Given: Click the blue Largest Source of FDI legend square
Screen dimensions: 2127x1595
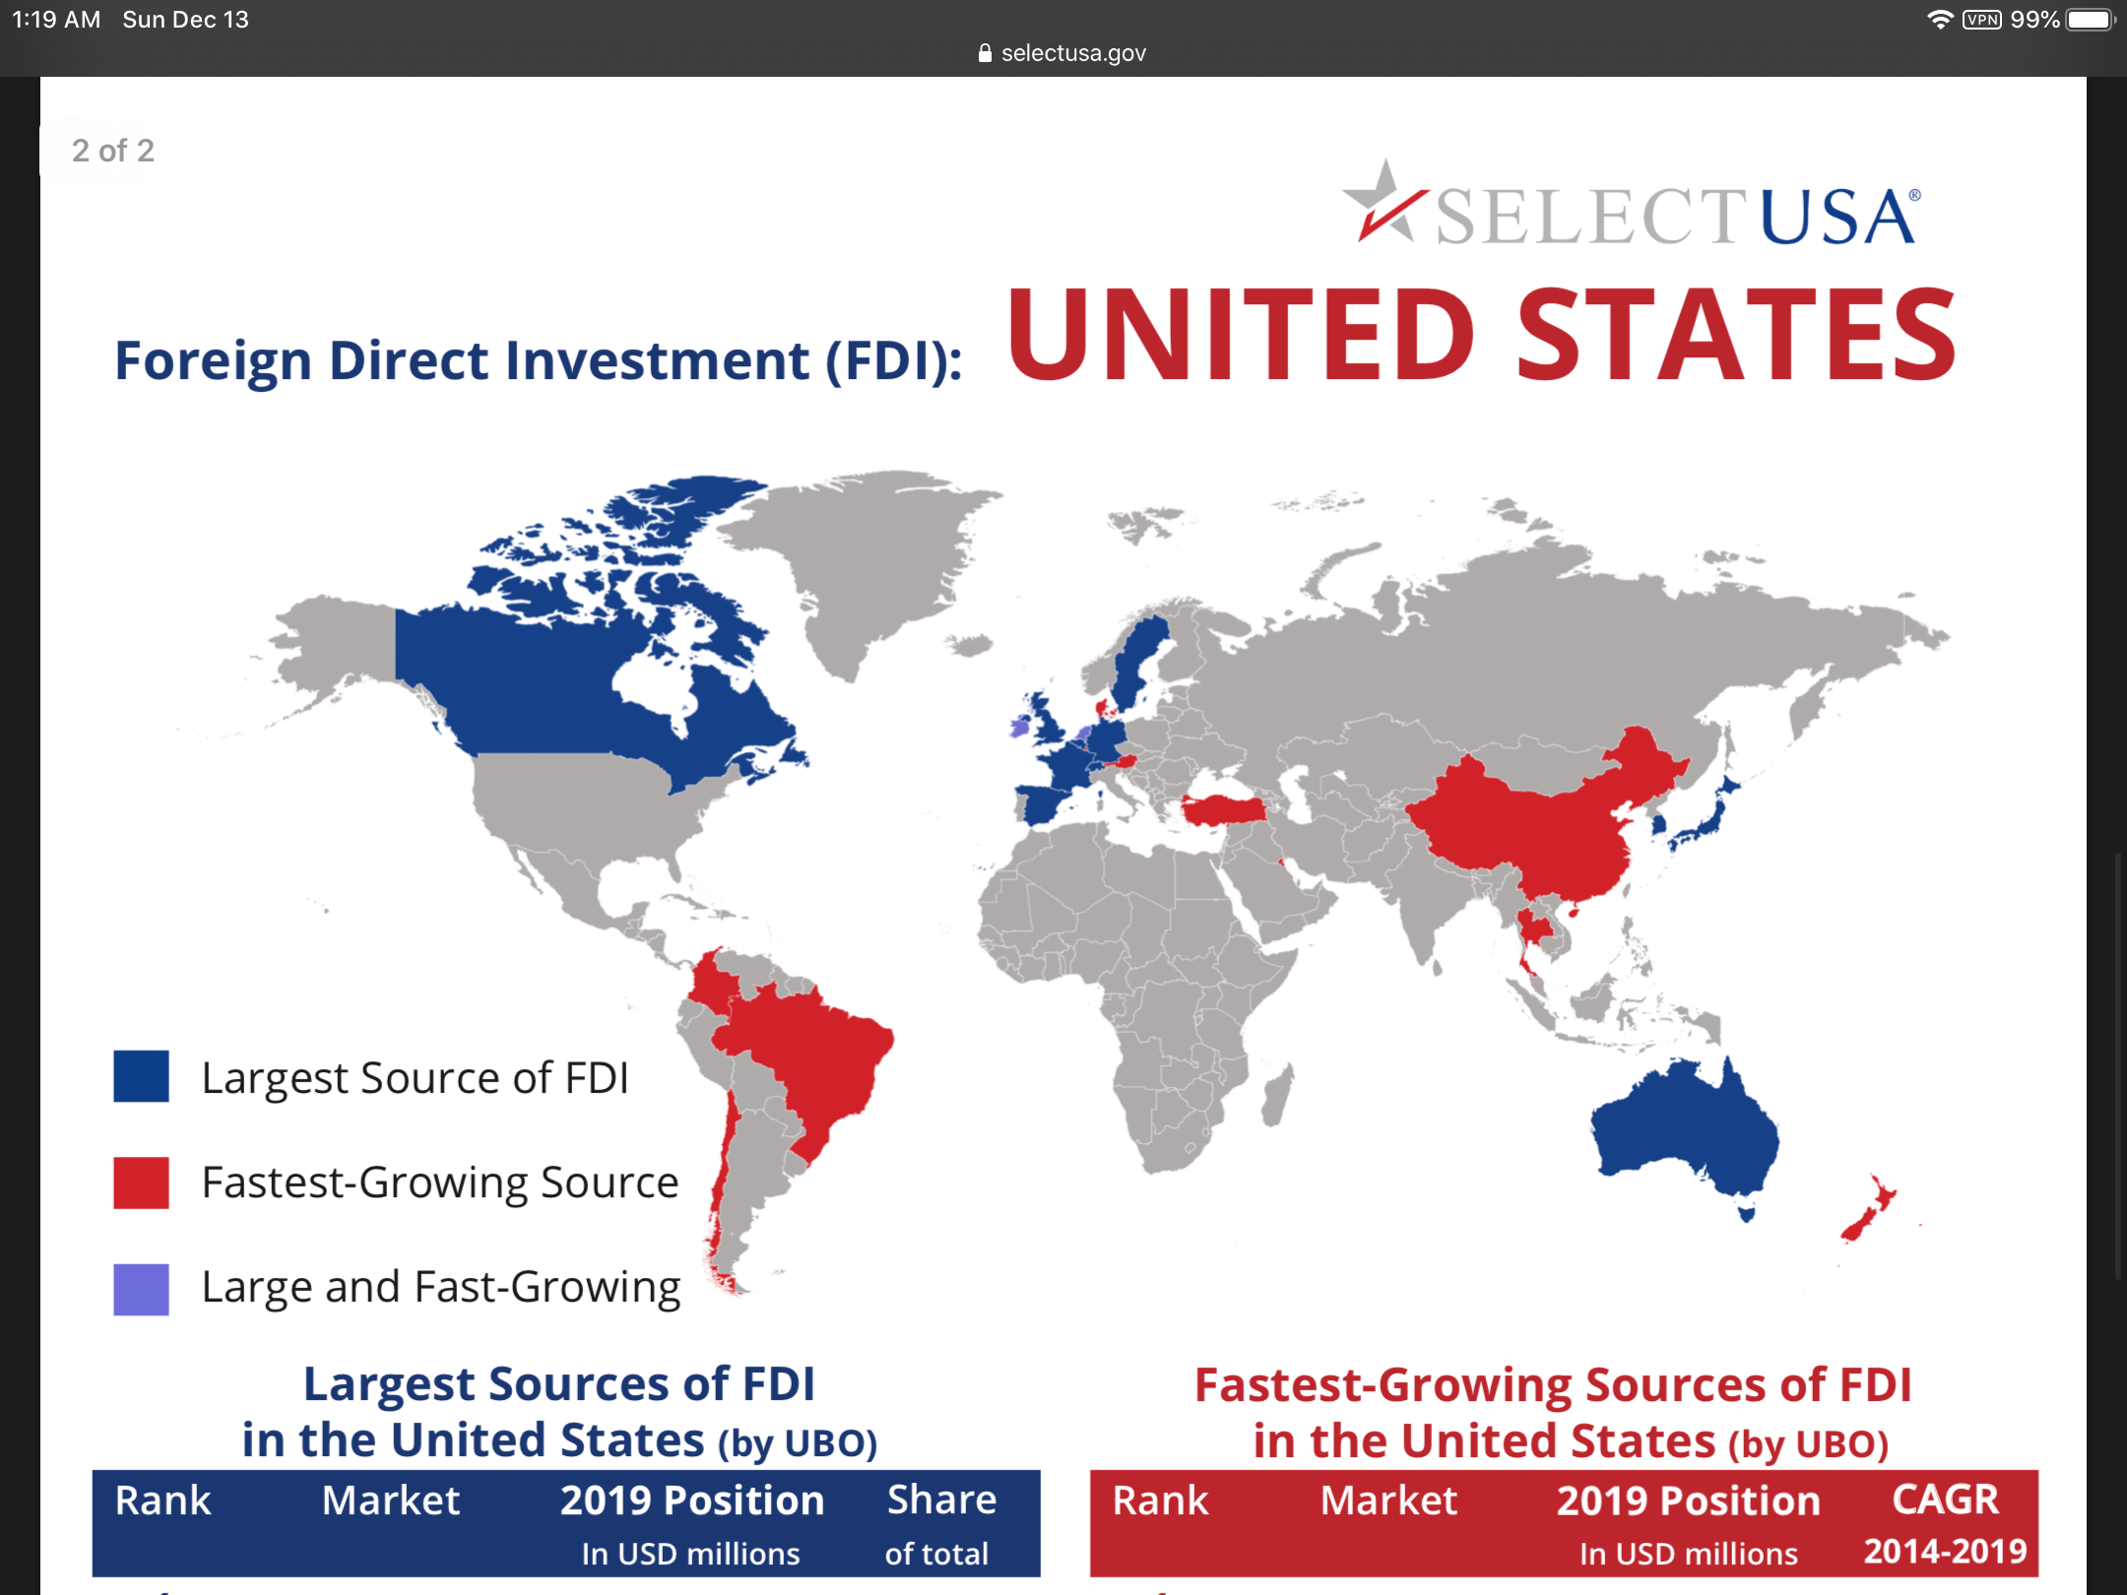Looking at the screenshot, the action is click(141, 1076).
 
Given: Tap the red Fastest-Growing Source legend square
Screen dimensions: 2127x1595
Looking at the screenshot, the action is click(141, 1181).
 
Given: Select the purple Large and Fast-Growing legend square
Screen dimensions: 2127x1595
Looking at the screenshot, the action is click(141, 1289).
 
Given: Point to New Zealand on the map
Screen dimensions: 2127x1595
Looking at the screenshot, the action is click(1868, 1209).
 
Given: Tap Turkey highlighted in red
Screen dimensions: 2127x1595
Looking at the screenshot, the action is click(1224, 809).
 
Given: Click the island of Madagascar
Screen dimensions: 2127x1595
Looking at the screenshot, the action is click(1278, 1095).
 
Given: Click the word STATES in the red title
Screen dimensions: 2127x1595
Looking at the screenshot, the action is click(1736, 335).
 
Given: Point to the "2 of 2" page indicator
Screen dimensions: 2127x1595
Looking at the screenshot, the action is click(112, 151).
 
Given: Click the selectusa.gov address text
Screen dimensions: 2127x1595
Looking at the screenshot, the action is click(1073, 53).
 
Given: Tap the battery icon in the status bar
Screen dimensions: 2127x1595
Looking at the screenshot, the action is click(2092, 20).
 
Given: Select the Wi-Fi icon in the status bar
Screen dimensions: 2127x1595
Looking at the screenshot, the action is click(1940, 20).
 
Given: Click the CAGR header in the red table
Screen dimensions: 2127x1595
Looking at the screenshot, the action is click(1946, 1499).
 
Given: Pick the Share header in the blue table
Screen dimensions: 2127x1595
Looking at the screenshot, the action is click(942, 1499).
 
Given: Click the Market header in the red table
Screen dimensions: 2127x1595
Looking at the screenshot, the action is click(1388, 1500).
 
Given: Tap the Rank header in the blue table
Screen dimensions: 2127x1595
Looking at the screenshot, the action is click(163, 1500).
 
